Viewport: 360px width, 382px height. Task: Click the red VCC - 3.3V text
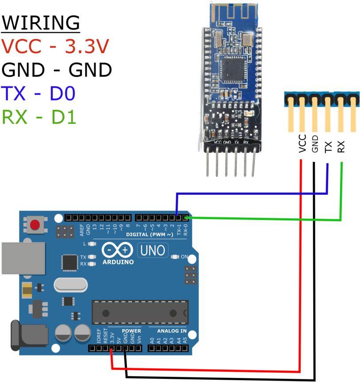coord(55,46)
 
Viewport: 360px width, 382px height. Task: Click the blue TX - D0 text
coord(39,93)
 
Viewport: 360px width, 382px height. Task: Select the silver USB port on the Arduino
coord(23,258)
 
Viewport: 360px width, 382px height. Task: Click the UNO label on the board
coord(153,251)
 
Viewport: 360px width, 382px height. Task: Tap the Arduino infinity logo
coord(118,250)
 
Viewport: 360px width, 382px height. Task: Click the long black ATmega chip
coord(140,312)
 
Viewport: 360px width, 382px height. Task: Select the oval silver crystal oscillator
coord(71,285)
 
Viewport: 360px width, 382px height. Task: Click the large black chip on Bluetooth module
coord(233,70)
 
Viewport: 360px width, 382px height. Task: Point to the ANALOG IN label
coord(172,331)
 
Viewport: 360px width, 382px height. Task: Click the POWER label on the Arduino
coord(131,331)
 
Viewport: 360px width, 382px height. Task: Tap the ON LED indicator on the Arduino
coord(175,257)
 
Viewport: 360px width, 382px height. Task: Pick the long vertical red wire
coord(301,266)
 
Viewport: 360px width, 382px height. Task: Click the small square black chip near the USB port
coord(70,262)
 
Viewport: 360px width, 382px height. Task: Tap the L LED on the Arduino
coord(92,244)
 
